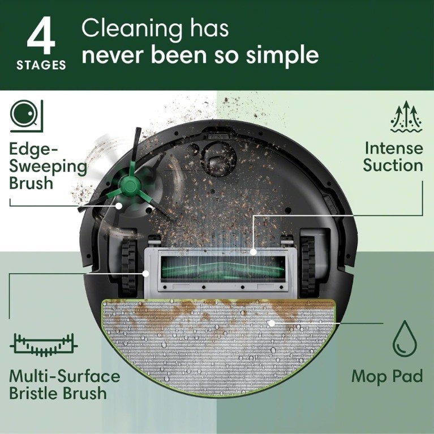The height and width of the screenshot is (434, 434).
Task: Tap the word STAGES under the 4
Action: pos(41,65)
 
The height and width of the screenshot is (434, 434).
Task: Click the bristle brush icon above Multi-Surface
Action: pos(44,343)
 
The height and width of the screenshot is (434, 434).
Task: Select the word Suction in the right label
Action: pos(393,165)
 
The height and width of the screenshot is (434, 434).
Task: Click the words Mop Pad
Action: pos(387,376)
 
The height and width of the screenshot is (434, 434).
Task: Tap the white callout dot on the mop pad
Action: pos(271,323)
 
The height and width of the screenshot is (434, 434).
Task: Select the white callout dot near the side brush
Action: pos(118,206)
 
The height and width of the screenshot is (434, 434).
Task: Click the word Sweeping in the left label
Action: pos(49,166)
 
